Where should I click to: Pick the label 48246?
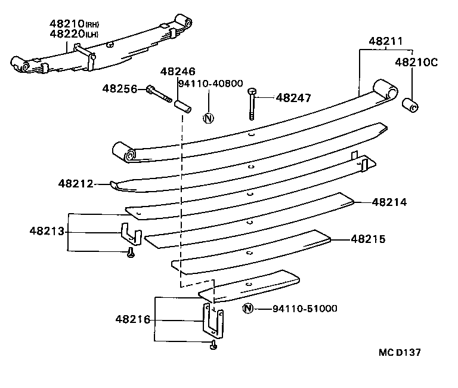[177, 71]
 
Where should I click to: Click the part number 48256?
[119, 88]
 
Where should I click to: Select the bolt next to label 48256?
[158, 93]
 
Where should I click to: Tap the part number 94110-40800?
[210, 83]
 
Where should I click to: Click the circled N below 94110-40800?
[208, 118]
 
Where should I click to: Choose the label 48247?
[293, 97]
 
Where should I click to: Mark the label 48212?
[76, 184]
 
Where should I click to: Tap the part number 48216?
[133, 320]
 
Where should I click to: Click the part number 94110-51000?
[305, 309]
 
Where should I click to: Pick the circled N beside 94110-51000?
[248, 308]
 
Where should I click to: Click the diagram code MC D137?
[399, 352]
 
